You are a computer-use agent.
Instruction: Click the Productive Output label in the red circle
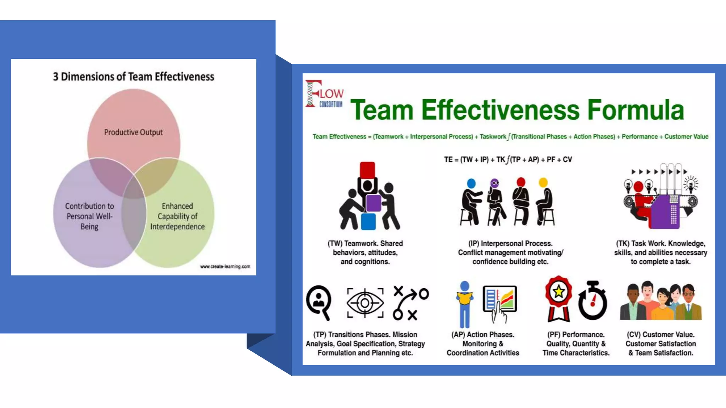pyautogui.click(x=133, y=132)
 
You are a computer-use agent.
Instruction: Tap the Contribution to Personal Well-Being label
pyautogui.click(x=89, y=216)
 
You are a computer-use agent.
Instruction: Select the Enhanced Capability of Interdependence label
pyautogui.click(x=177, y=216)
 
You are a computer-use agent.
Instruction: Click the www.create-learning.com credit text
pyautogui.click(x=225, y=266)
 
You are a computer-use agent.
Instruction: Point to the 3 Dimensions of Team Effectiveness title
pyautogui.click(x=134, y=76)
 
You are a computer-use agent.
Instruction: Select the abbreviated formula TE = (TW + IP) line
pyautogui.click(x=508, y=159)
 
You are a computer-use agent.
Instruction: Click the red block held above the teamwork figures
pyautogui.click(x=367, y=170)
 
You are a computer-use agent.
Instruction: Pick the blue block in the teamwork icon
pyautogui.click(x=368, y=221)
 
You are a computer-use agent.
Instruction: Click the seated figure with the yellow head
pyautogui.click(x=545, y=202)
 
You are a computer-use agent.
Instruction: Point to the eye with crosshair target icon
pyautogui.click(x=365, y=303)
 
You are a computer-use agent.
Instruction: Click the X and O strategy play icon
pyautogui.click(x=411, y=303)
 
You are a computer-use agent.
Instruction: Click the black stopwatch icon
pyautogui.click(x=592, y=301)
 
